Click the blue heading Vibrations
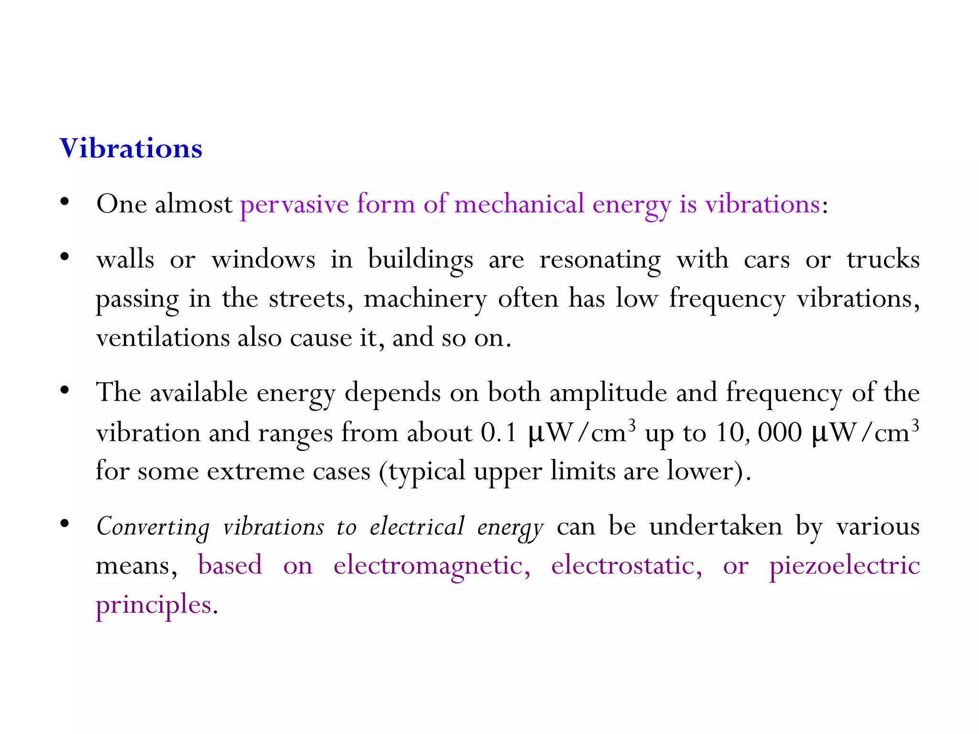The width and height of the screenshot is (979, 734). pos(131,148)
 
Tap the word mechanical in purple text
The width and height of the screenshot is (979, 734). pos(519,205)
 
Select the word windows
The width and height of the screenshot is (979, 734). pos(263,260)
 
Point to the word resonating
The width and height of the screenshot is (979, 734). pos(600,260)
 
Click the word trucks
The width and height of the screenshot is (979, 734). pos(883,260)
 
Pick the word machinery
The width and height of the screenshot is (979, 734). pos(425,300)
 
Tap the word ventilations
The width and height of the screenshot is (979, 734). pos(163,338)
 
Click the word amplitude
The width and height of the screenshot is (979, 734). pos(608,393)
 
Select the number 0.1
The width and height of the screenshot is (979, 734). pos(499,433)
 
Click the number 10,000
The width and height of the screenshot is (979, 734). pos(758,433)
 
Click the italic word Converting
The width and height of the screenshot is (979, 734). pos(153,527)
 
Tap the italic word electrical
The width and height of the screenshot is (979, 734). pos(417,527)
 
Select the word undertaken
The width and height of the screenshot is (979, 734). pos(716,527)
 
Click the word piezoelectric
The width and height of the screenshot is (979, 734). pos(844,566)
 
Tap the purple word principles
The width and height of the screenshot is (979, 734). pos(153,605)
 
